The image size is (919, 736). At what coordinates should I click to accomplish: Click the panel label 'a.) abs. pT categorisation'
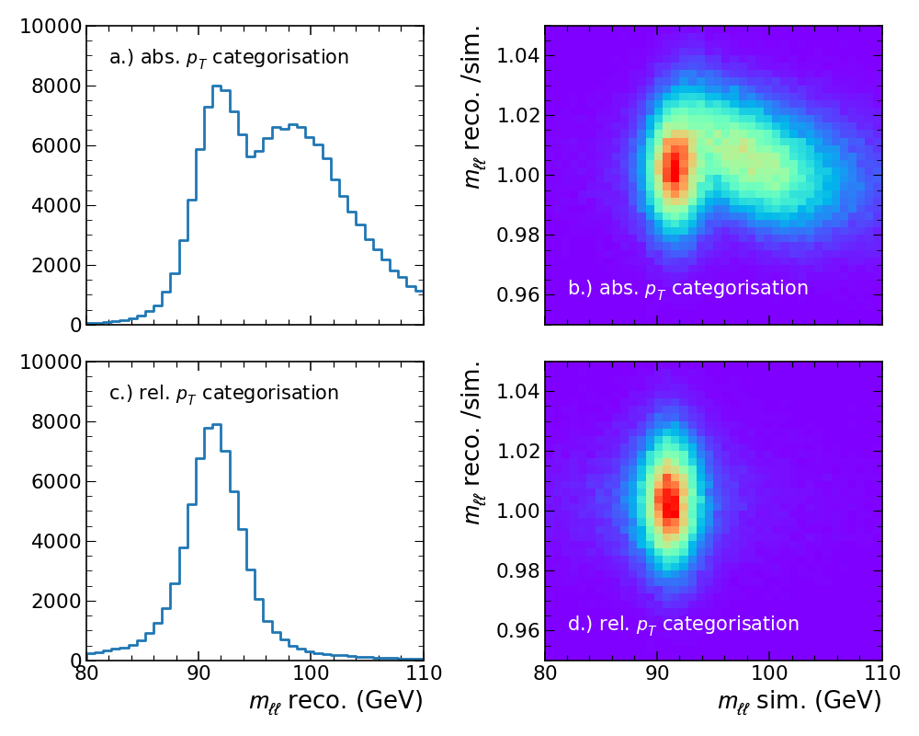(x=229, y=57)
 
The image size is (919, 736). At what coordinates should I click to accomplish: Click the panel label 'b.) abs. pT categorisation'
(x=688, y=288)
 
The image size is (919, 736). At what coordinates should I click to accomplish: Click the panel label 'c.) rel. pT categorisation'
(x=224, y=393)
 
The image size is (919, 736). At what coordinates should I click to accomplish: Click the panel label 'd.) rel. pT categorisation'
(x=684, y=624)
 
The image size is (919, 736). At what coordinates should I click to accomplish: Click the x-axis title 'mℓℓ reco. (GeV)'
(x=335, y=701)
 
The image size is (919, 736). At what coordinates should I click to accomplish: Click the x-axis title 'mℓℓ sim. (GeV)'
(x=800, y=701)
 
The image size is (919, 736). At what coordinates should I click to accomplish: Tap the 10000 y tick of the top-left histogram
(x=51, y=27)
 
